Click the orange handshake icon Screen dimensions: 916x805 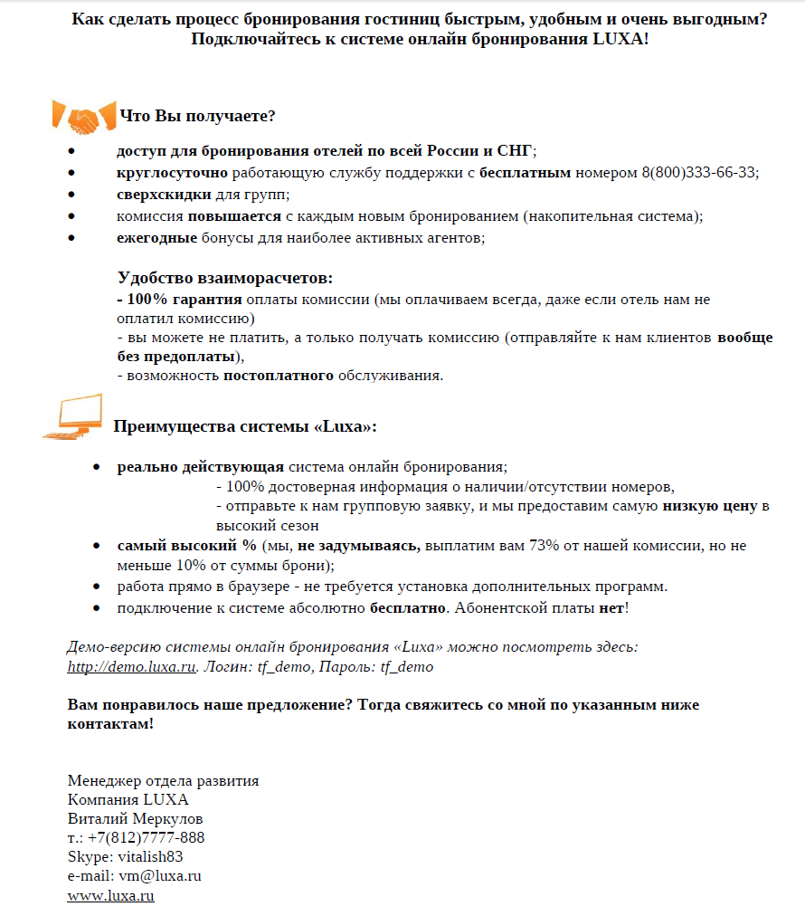[x=82, y=117]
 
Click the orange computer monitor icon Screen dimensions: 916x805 [x=77, y=419]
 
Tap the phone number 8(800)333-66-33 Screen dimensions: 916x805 [x=698, y=173]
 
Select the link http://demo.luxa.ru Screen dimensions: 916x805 [x=132, y=667]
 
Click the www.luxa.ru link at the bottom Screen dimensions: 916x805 [x=110, y=896]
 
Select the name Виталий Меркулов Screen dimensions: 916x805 [x=136, y=818]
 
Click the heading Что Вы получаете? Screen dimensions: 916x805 [x=197, y=117]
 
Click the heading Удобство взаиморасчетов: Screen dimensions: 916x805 [x=225, y=278]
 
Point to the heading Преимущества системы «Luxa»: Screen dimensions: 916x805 [x=244, y=426]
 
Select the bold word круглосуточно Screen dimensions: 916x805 [x=172, y=173]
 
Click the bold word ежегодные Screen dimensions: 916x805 [x=156, y=238]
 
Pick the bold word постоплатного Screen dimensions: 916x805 [x=279, y=376]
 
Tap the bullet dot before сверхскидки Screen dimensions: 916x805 [x=72, y=196]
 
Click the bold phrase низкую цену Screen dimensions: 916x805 [x=709, y=506]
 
